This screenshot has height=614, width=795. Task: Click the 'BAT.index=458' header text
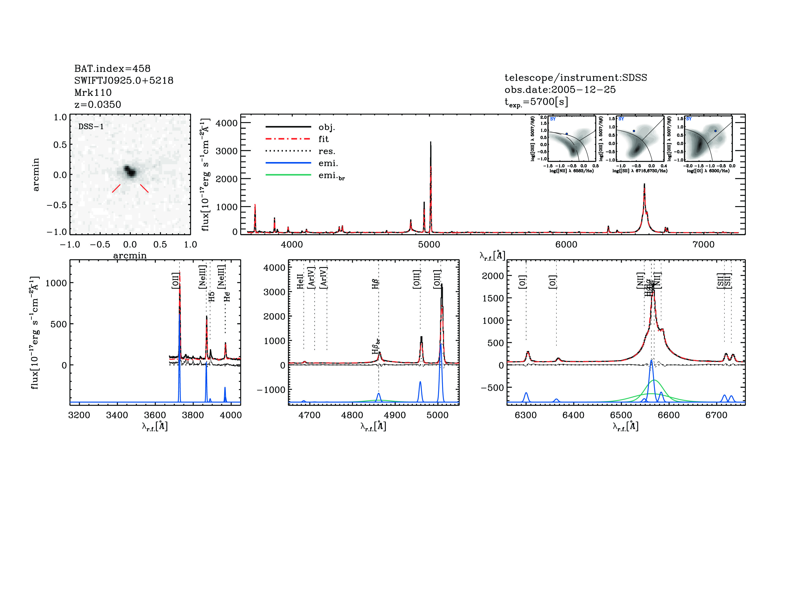[x=112, y=68]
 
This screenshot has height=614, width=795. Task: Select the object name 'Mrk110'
[x=93, y=92]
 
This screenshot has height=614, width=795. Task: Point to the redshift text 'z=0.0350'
[x=98, y=105]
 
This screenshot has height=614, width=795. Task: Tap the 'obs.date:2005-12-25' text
[x=560, y=90]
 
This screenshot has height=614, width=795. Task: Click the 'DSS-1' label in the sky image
[x=91, y=127]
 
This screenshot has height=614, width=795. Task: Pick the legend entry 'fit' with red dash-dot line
[x=323, y=139]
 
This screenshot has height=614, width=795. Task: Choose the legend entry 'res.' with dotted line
[x=326, y=151]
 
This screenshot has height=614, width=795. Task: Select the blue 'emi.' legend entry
[x=328, y=163]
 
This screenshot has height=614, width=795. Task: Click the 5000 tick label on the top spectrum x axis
[x=429, y=244]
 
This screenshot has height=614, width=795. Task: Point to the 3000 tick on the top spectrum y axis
[x=226, y=151]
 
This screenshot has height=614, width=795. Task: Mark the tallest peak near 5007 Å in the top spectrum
[x=431, y=143]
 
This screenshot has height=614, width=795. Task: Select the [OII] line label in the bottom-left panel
[x=175, y=281]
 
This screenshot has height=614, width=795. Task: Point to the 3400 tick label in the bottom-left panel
[x=117, y=415]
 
